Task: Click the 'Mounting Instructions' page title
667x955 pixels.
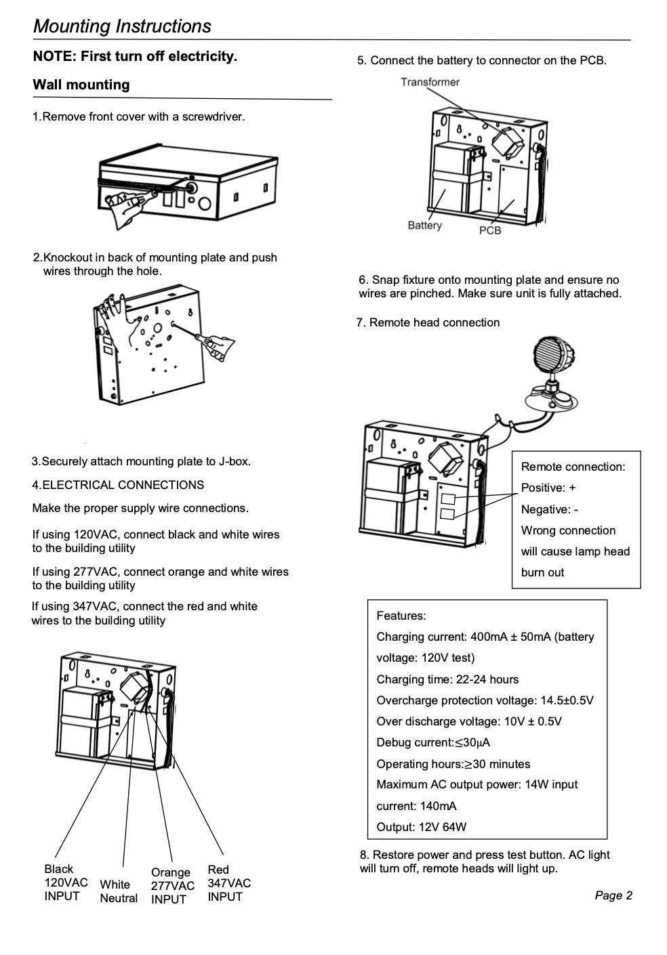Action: [122, 26]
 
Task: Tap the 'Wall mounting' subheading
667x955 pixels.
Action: [81, 85]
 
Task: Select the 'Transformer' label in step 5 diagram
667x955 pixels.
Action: [430, 82]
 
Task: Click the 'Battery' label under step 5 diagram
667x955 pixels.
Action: [424, 226]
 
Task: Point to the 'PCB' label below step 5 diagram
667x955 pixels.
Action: [490, 231]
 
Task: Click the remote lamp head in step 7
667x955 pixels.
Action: [551, 375]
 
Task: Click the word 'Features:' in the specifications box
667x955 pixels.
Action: [401, 616]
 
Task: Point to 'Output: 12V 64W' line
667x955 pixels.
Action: [421, 827]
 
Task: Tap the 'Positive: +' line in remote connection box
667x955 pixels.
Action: [548, 488]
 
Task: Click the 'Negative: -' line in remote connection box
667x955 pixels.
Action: [550, 509]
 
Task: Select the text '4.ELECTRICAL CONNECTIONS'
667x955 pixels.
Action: [118, 485]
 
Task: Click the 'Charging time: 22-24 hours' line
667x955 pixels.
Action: [447, 679]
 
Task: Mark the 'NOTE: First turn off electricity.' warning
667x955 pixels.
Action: [135, 56]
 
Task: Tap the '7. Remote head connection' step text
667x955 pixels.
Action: [428, 322]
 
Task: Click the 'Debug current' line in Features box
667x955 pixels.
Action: [433, 743]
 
